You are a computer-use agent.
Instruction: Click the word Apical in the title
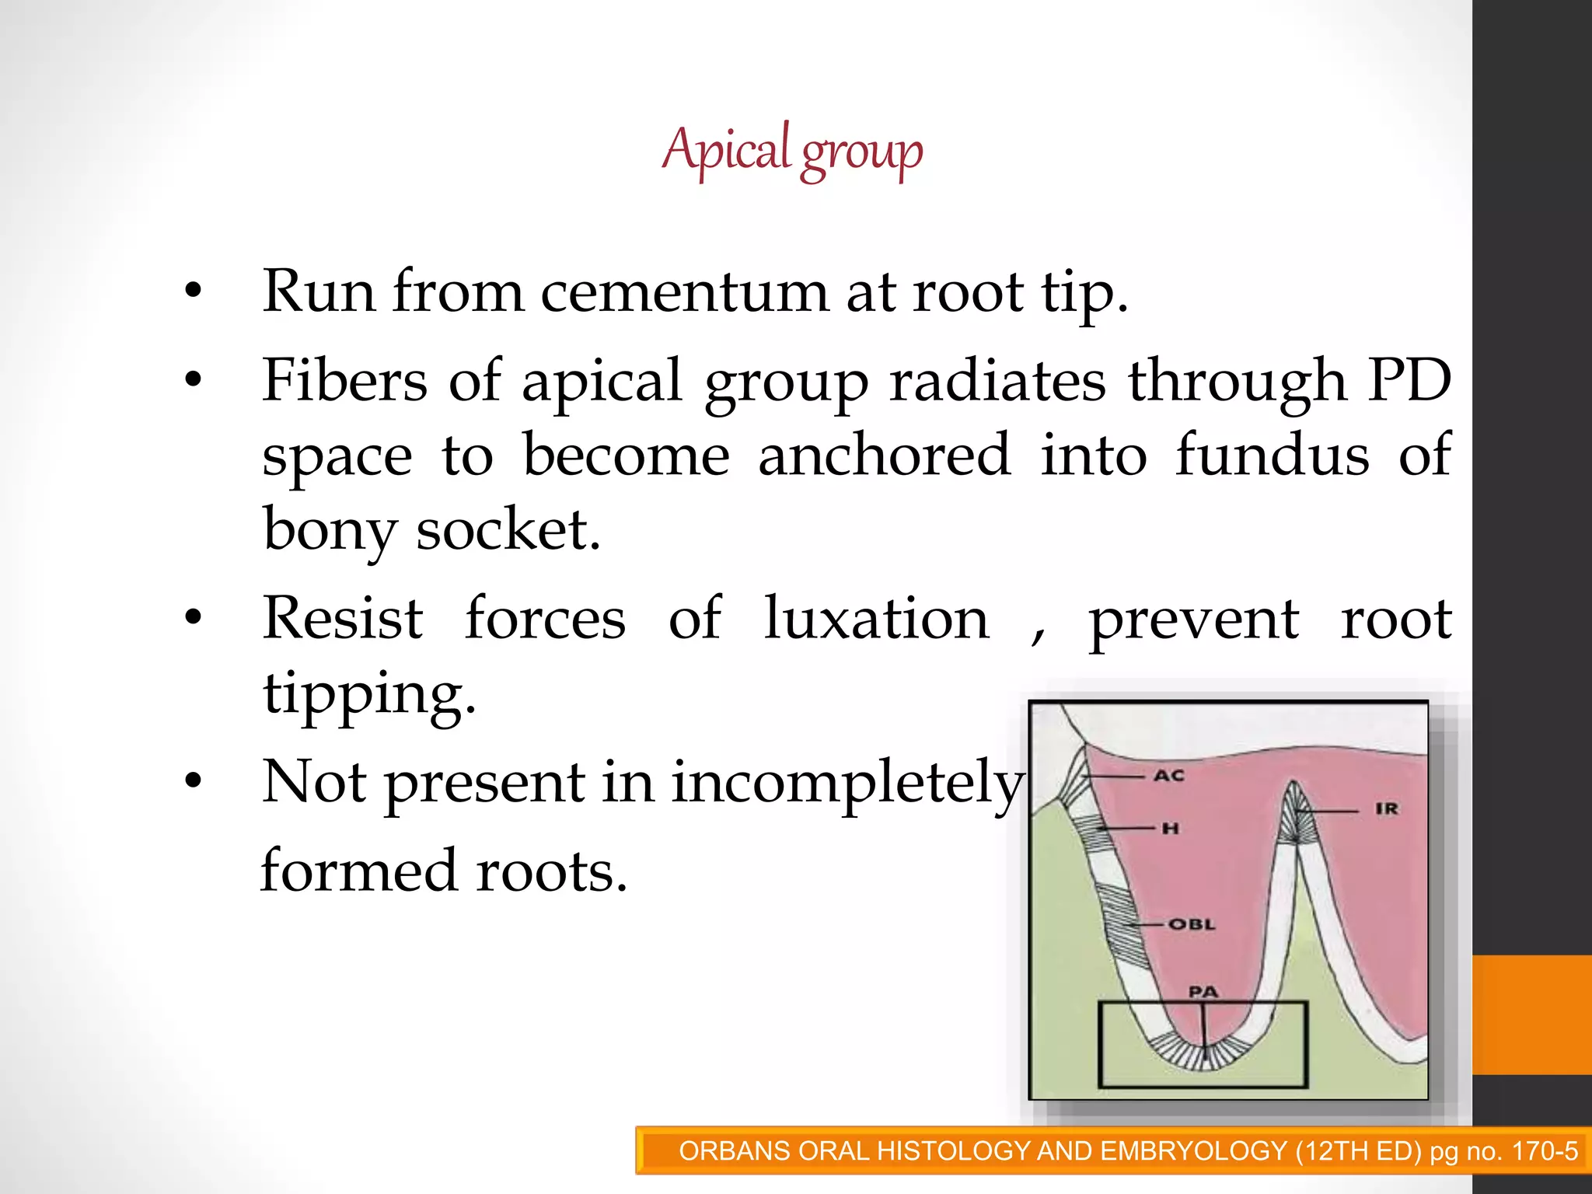[726, 149]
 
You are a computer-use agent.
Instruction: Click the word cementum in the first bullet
[684, 292]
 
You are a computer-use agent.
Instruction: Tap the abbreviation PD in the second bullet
[1409, 381]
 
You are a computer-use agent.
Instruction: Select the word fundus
[1272, 456]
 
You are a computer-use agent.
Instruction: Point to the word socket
[508, 530]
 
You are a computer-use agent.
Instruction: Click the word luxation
[876, 619]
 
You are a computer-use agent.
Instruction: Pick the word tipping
[368, 693]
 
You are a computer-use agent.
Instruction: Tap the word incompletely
[847, 782]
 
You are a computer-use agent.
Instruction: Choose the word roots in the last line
[551, 871]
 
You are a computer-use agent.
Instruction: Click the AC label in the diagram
[1169, 776]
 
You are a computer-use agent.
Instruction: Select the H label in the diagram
[1171, 829]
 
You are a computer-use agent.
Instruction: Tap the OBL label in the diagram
[1191, 924]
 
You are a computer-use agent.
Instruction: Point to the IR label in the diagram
[1386, 809]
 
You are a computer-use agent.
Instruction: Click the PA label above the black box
[1203, 992]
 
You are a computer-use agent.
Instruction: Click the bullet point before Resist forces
[194, 618]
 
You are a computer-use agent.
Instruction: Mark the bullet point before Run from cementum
[194, 292]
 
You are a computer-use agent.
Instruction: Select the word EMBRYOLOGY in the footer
[1194, 1150]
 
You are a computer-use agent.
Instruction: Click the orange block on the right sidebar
[1531, 1014]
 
